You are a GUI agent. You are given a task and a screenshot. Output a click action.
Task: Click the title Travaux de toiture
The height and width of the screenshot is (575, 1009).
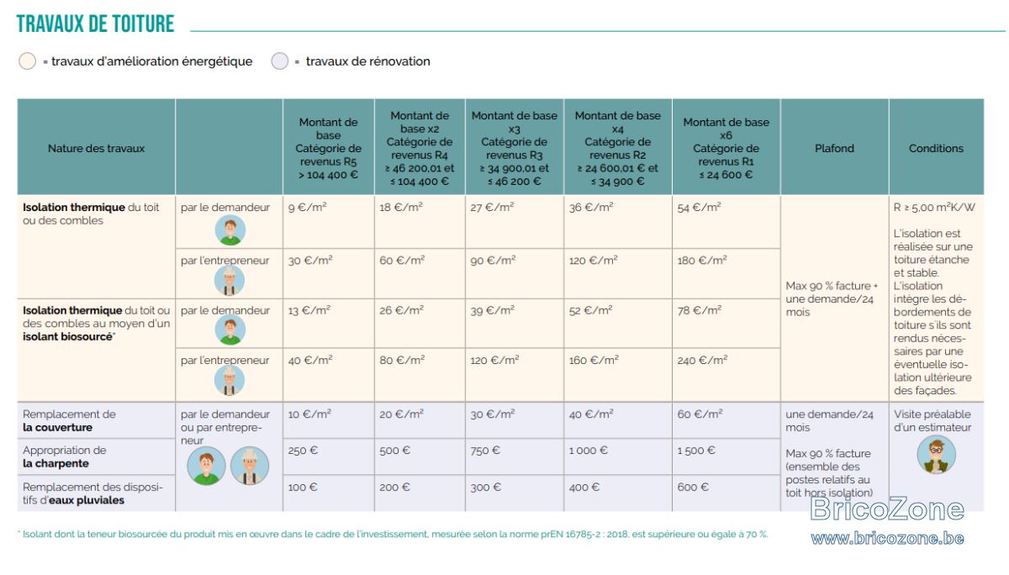click(x=95, y=24)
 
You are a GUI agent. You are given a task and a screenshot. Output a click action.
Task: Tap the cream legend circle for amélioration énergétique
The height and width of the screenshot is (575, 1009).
click(x=27, y=61)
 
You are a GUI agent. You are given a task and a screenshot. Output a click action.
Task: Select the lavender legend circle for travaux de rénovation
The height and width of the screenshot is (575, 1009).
click(x=280, y=61)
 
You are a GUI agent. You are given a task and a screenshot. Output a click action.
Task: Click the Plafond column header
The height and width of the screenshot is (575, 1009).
click(x=834, y=148)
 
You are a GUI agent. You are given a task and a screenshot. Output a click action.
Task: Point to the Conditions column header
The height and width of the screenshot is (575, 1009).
click(x=936, y=148)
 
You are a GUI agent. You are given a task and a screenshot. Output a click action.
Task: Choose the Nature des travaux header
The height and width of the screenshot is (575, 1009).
click(x=96, y=148)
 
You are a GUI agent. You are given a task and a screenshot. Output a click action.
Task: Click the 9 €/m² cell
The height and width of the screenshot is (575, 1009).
click(x=307, y=207)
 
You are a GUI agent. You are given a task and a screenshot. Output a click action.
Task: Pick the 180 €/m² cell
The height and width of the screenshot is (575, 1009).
click(x=702, y=261)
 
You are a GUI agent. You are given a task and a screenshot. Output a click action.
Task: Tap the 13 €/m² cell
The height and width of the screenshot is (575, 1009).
click(x=309, y=310)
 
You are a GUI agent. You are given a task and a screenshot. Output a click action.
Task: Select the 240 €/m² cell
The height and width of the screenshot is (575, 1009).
click(x=702, y=361)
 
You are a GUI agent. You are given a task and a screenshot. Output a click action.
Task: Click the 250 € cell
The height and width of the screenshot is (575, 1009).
click(x=303, y=451)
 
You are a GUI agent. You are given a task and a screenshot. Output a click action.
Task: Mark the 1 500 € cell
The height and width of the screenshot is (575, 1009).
click(x=696, y=451)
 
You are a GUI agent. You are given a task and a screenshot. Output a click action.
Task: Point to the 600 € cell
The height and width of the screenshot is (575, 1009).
click(x=693, y=488)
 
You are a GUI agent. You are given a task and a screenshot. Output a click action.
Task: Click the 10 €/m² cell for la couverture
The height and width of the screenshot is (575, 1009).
click(x=309, y=414)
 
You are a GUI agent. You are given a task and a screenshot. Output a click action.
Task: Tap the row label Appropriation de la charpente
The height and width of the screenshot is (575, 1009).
click(x=65, y=456)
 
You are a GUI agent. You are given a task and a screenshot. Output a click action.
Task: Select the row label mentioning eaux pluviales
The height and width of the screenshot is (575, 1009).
click(x=92, y=493)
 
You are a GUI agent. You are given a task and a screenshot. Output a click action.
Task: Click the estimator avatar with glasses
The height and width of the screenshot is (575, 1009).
click(x=936, y=454)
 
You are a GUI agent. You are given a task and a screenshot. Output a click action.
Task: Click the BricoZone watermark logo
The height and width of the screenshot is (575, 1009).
click(x=887, y=509)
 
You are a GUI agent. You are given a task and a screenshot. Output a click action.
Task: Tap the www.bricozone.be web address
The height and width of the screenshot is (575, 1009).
click(x=887, y=538)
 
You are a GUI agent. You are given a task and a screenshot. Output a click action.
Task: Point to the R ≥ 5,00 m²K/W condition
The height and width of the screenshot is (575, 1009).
click(x=934, y=207)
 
